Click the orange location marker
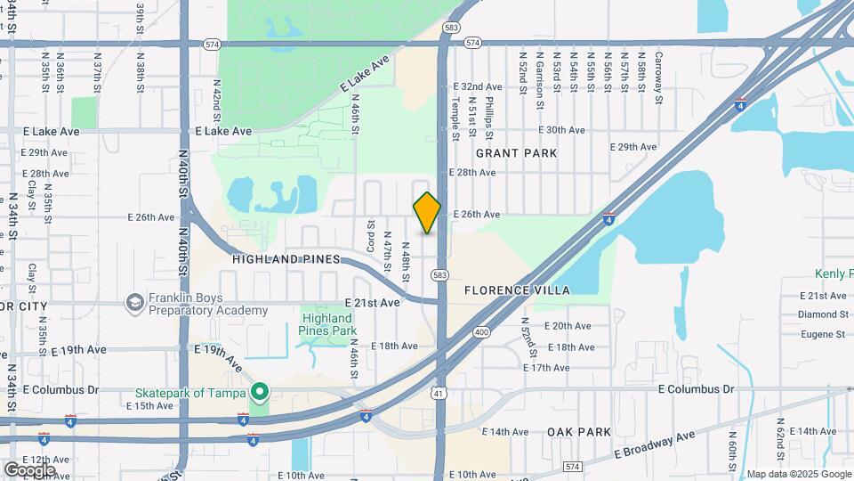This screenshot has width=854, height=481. (x=427, y=213)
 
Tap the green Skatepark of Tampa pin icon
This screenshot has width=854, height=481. (x=260, y=391)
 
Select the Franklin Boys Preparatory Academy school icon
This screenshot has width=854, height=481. (x=135, y=304)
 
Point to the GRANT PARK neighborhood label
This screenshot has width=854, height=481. (x=516, y=153)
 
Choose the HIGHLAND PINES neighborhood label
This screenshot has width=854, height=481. (x=286, y=259)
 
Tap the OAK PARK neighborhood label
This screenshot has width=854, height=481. (x=579, y=432)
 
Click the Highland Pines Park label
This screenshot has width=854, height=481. (x=329, y=324)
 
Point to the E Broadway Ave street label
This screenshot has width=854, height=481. (x=655, y=444)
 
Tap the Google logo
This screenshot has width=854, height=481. (x=28, y=469)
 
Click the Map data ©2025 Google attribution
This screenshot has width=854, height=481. (x=799, y=474)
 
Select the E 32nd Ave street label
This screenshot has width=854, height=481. (x=478, y=86)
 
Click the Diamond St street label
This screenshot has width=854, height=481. (x=823, y=314)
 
